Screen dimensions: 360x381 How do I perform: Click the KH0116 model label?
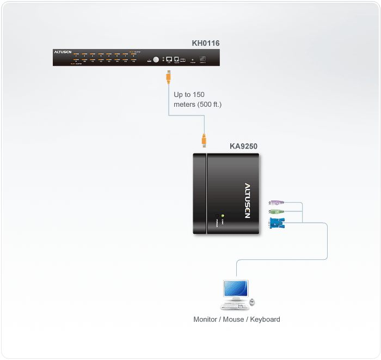coord(206,43)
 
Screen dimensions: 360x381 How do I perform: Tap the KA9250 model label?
coord(243,146)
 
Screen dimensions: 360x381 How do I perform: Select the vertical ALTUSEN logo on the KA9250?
coord(247,200)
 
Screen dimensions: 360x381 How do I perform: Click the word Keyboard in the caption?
coord(265,319)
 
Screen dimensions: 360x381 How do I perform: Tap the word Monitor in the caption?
coord(205,319)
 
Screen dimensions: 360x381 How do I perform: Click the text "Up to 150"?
coord(189,95)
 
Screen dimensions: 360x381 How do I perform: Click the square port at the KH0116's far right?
coord(203,58)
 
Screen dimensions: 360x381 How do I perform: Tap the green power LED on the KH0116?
coord(163,57)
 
